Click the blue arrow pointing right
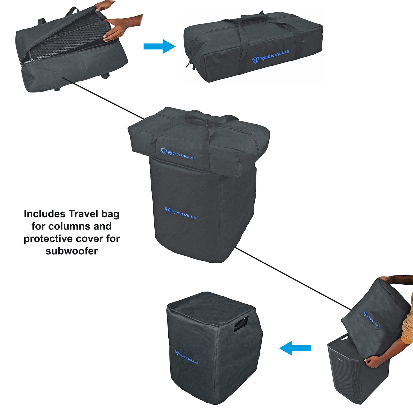coord(159,46)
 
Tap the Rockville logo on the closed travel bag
coord(270,56)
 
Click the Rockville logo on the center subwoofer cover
coord(181,213)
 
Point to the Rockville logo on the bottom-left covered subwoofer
coord(186,357)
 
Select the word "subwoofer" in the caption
coord(71,251)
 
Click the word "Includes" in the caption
coord(45,214)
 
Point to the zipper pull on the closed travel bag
coord(189,63)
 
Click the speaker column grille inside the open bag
coord(66,43)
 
